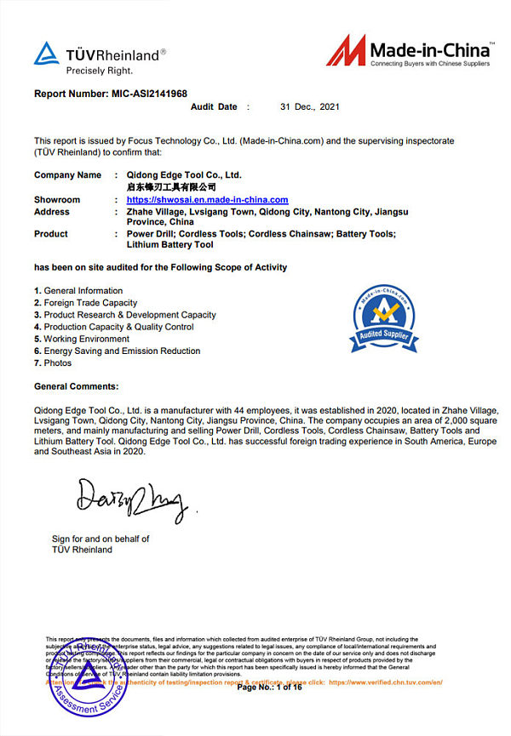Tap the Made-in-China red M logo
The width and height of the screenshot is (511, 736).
pyautogui.click(x=346, y=50)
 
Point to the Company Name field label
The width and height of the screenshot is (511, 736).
pyautogui.click(x=67, y=175)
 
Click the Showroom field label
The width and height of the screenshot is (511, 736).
pyautogui.click(x=57, y=200)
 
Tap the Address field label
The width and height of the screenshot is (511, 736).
pyautogui.click(x=52, y=212)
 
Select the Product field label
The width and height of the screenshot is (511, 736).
pyautogui.click(x=51, y=234)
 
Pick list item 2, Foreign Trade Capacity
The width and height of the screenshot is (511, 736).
pyautogui.click(x=85, y=303)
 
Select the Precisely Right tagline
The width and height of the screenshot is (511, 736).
pyautogui.click(x=100, y=71)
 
